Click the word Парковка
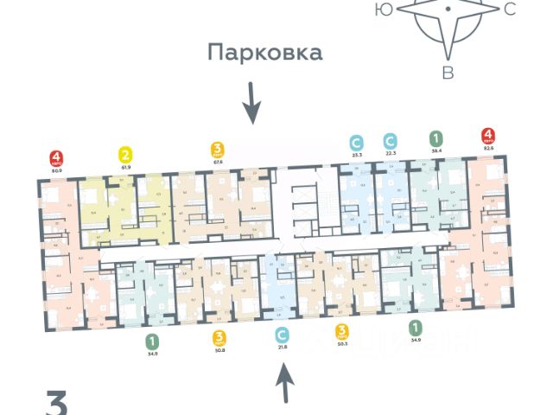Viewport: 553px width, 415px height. pyautogui.click(x=264, y=53)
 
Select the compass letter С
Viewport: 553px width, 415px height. pyautogui.click(x=509, y=10)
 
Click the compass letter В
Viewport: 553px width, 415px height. pyautogui.click(x=448, y=73)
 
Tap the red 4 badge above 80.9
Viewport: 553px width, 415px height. pyautogui.click(x=56, y=159)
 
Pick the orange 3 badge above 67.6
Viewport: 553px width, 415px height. pyautogui.click(x=218, y=149)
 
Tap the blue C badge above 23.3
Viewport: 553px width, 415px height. pyautogui.click(x=356, y=141)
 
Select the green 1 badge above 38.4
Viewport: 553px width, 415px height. pyautogui.click(x=436, y=138)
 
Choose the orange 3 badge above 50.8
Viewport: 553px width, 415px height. pyautogui.click(x=219, y=336)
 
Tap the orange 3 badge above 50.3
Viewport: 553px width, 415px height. pyautogui.click(x=343, y=330)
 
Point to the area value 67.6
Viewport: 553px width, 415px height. pyautogui.click(x=218, y=161)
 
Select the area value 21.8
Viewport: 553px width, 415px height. pyautogui.click(x=281, y=347)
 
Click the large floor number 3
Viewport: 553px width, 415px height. pyautogui.click(x=57, y=404)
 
